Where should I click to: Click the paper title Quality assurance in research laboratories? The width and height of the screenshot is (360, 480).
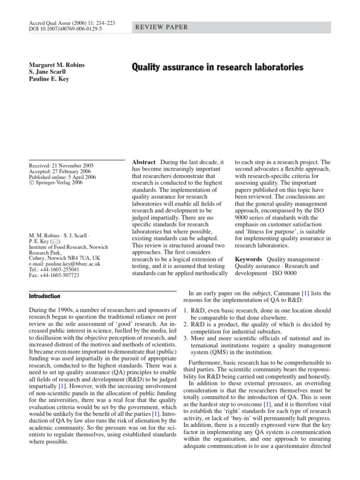tap(217, 67)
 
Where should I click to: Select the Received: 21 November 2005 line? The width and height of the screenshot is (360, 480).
tap(61, 165)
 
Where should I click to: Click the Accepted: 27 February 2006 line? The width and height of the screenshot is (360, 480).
tap(60, 172)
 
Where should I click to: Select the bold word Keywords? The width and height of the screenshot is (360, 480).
tap(248, 259)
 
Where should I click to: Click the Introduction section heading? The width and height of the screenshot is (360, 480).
tap(45, 296)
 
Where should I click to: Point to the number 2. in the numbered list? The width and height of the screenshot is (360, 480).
tap(186, 324)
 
